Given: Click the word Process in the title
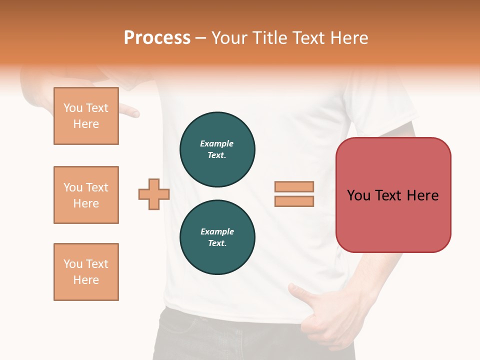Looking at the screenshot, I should click(x=157, y=38).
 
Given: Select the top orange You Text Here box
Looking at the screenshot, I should click(x=86, y=116).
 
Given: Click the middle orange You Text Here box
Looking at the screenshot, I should click(x=86, y=195).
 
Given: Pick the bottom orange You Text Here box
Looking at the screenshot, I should click(x=86, y=272).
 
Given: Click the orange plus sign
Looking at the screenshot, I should click(x=154, y=194).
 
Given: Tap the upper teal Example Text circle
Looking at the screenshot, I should click(x=217, y=149).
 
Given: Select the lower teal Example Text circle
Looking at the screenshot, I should click(x=217, y=237).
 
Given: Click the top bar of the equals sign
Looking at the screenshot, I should click(x=294, y=186).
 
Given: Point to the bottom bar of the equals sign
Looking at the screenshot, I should click(x=294, y=201).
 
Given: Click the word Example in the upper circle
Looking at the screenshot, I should click(x=217, y=143).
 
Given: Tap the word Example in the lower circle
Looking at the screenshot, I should click(x=217, y=231).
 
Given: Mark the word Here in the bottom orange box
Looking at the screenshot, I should click(x=86, y=280).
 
